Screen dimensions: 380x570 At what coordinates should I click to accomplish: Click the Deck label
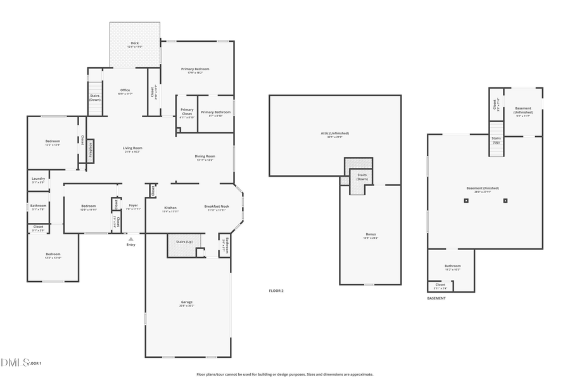pos(135,43)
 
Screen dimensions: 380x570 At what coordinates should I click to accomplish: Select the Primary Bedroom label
pos(195,69)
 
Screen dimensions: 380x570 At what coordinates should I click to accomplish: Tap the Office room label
pos(125,90)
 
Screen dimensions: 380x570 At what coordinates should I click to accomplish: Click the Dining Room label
pos(205,156)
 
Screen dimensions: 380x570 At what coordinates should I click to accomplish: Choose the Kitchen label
pos(170,208)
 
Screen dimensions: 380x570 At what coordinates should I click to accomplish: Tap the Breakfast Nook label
pos(217,208)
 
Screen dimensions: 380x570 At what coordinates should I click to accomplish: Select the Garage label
pos(187,302)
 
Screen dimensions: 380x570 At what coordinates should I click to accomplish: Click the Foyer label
pos(134,205)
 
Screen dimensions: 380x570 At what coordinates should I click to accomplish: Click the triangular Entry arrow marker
pos(131,239)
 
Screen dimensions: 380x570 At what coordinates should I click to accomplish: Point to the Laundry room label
pos(39,179)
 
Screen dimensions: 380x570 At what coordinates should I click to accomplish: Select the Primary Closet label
pos(187,111)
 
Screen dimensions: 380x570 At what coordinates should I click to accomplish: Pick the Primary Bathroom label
pos(216,112)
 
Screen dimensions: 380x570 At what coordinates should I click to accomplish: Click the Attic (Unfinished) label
pos(334,133)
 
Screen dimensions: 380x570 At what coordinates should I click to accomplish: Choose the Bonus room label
pos(370,234)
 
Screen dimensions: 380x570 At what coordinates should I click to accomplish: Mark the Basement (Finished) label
pos(483,188)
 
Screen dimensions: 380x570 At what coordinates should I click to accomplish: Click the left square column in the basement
pos(465,201)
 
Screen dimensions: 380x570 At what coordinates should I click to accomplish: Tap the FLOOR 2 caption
pos(276,290)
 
